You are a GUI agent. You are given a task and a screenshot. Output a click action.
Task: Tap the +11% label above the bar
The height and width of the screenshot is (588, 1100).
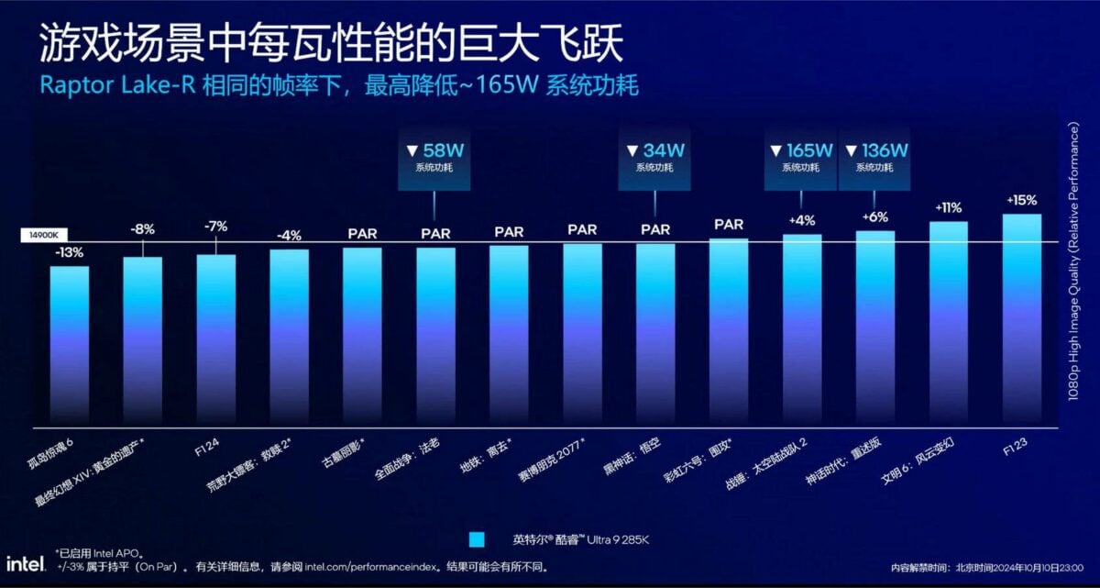tap(948, 208)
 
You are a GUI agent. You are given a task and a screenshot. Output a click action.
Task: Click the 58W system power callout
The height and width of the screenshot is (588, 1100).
tap(434, 158)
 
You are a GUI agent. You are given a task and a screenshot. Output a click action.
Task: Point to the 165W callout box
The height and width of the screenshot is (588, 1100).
tap(800, 158)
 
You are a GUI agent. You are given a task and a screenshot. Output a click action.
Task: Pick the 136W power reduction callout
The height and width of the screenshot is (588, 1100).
tap(874, 158)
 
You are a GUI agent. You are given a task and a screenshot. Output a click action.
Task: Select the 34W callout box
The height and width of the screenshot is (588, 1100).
tap(654, 158)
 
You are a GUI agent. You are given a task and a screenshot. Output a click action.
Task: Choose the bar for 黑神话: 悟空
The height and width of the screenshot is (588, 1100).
tap(654, 335)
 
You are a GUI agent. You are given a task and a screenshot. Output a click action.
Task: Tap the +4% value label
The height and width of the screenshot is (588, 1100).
tap(801, 221)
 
